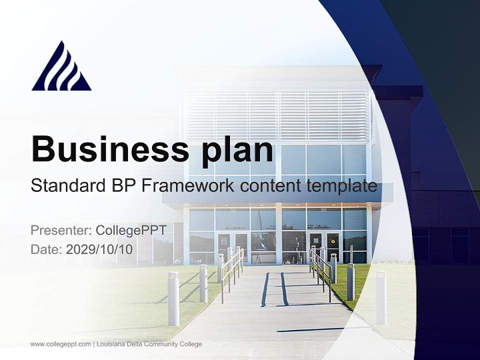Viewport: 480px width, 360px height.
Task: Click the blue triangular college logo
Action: click(61, 67)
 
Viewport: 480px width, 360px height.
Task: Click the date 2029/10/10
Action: click(99, 249)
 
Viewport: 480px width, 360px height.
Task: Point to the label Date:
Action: click(46, 249)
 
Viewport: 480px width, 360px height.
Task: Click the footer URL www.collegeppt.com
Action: click(60, 344)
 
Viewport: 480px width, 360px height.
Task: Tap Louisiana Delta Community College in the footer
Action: click(149, 344)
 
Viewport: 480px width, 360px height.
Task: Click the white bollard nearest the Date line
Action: click(173, 298)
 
